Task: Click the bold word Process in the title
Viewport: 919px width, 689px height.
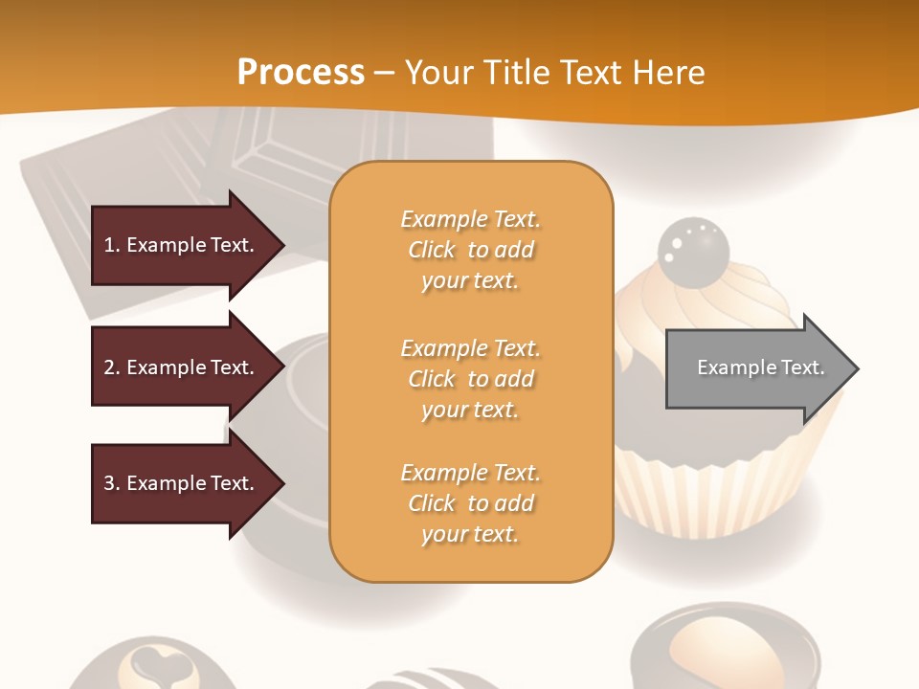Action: coord(301,73)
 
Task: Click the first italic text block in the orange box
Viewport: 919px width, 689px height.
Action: coord(470,250)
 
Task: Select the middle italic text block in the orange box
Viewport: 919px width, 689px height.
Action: coord(470,379)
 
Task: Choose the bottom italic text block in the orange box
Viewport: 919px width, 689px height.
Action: coord(470,503)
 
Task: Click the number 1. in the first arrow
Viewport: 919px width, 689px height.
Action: coord(112,245)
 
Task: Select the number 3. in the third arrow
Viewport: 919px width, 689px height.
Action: coord(112,483)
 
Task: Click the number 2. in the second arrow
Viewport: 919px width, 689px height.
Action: coord(112,367)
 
